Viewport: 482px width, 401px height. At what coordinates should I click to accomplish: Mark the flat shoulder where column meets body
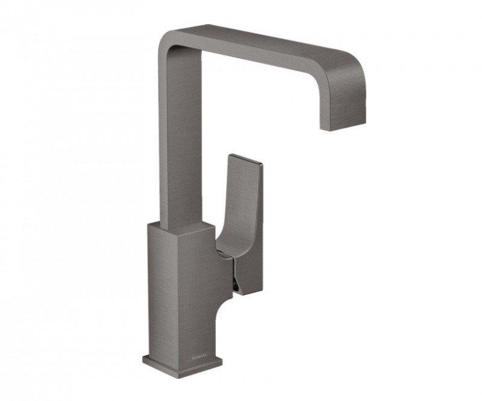point(181,226)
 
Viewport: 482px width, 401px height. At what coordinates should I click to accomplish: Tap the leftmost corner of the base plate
point(145,360)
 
